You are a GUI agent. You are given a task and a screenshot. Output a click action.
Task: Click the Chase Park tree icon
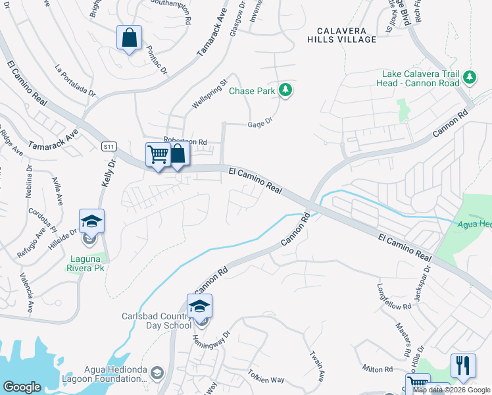click(x=285, y=90)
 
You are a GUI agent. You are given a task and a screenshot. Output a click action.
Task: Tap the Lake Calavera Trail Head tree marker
click(x=470, y=78)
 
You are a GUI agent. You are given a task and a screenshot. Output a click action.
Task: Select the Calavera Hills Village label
click(x=346, y=35)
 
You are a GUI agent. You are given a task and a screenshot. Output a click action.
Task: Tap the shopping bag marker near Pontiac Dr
click(x=129, y=38)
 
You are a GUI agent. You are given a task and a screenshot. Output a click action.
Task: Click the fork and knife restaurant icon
click(x=462, y=366)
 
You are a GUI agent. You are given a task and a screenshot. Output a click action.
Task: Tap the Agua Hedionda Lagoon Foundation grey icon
click(x=157, y=374)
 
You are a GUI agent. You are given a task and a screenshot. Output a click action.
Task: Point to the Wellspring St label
click(x=209, y=95)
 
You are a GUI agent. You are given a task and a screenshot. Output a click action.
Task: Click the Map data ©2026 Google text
click(x=451, y=390)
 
